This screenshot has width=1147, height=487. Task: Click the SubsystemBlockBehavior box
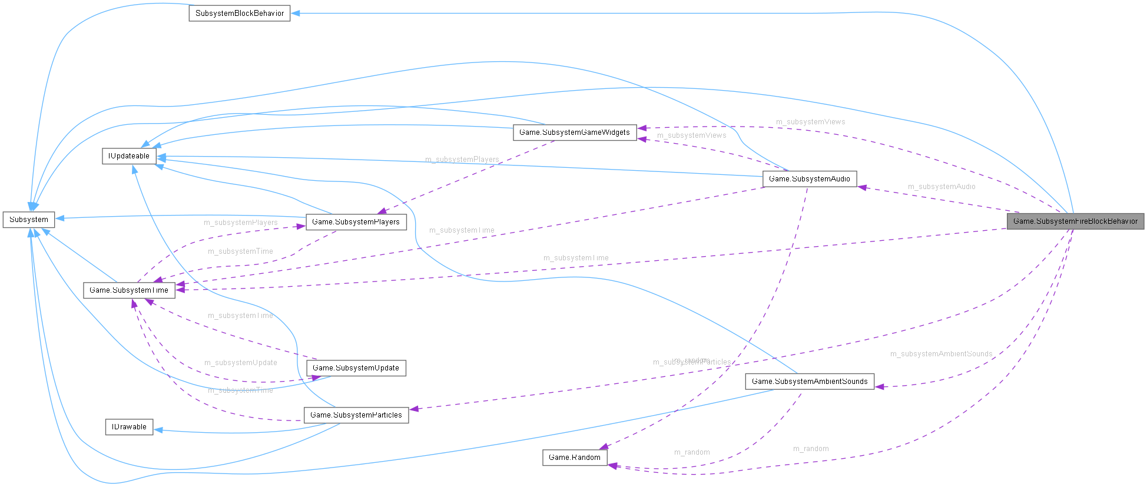239,13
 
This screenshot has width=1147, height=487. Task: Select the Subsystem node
29,220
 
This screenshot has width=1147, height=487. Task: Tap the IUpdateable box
129,156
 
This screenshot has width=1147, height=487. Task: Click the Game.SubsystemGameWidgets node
574,132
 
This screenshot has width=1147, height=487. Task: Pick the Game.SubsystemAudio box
809,179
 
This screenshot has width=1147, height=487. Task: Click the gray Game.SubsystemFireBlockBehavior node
1075,221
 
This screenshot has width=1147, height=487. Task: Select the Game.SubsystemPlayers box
356,222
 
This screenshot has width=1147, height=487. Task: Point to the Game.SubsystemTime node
129,290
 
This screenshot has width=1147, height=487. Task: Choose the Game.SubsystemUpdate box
356,368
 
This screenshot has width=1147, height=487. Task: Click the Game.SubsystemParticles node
356,415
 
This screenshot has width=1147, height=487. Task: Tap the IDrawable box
129,427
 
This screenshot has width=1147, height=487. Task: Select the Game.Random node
574,458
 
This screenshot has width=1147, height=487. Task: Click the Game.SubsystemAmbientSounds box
809,382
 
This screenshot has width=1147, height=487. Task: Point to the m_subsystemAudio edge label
941,187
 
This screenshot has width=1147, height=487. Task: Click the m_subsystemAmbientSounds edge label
941,354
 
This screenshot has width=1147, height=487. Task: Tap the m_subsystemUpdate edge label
240,363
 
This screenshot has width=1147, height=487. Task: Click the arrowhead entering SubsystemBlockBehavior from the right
296,13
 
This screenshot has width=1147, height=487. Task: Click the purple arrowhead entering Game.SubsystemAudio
862,187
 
